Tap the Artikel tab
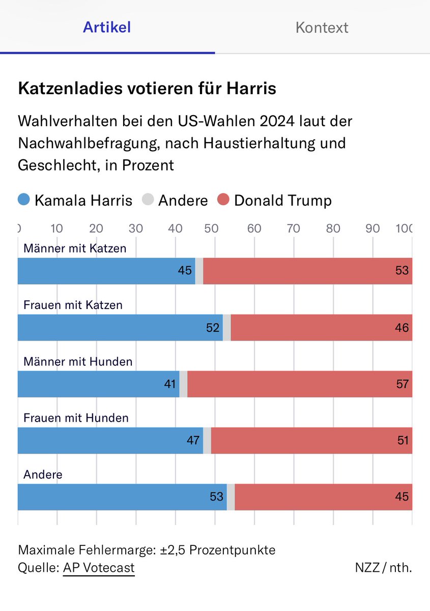click(107, 27)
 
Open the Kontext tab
click(322, 27)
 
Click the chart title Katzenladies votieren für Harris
click(147, 89)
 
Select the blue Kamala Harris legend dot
click(24, 200)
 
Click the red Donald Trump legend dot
click(223, 200)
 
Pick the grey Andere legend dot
click(148, 200)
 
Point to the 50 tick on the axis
click(214, 228)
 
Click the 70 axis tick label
click(294, 228)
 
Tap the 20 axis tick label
click(96, 228)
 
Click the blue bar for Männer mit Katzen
click(102, 271)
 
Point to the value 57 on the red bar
click(402, 384)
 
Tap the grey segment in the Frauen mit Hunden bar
click(207, 440)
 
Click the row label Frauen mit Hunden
click(76, 418)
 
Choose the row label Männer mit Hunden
click(78, 362)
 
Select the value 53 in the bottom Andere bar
click(217, 497)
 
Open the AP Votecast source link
click(99, 568)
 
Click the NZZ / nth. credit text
click(383, 568)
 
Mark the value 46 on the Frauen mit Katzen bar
click(402, 327)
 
